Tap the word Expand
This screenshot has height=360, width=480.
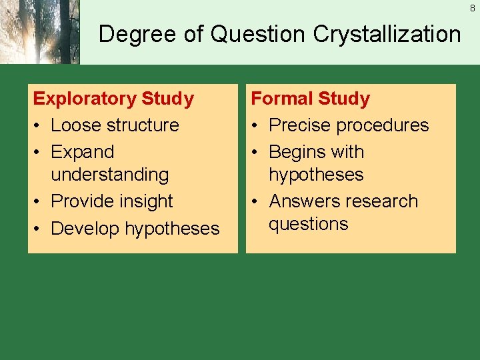click(x=83, y=152)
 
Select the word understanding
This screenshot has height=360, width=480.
click(x=110, y=175)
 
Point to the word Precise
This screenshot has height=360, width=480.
click(x=300, y=125)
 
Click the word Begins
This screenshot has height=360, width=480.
click(x=297, y=152)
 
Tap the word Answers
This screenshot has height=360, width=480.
click(x=304, y=201)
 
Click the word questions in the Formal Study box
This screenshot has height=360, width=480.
click(x=309, y=224)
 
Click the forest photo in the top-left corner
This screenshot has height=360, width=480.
click(x=39, y=32)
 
